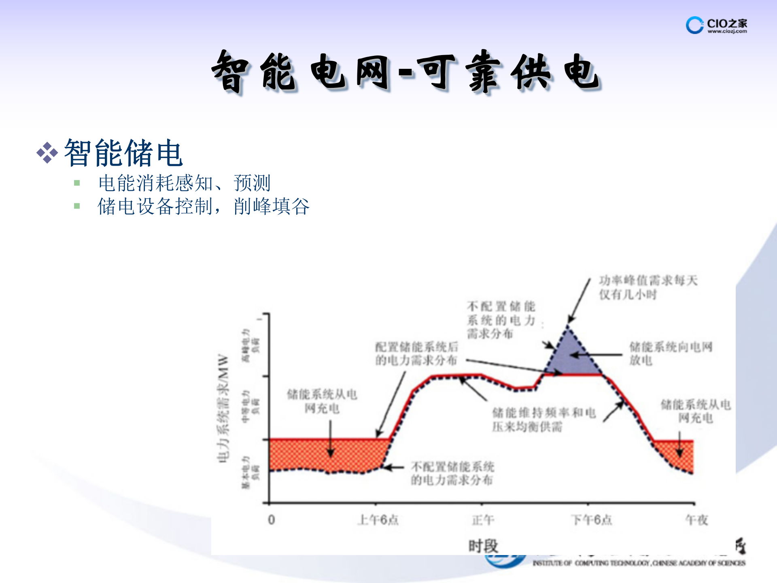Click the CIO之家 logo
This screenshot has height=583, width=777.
pyautogui.click(x=716, y=25)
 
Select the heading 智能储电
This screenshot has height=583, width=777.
pyautogui.click(x=123, y=153)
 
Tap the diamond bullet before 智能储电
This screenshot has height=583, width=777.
pyautogui.click(x=47, y=153)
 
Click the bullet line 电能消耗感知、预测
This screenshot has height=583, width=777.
pyautogui.click(x=184, y=183)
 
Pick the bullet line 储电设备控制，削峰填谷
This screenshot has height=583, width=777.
pyautogui.click(x=204, y=206)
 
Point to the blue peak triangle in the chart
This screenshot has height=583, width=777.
pyautogui.click(x=571, y=356)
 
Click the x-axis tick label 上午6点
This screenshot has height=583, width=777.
pyautogui.click(x=378, y=520)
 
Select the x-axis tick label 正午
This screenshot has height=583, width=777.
pyautogui.click(x=483, y=520)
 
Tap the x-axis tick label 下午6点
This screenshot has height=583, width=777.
pyautogui.click(x=591, y=520)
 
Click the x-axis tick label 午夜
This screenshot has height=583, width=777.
pyautogui.click(x=696, y=520)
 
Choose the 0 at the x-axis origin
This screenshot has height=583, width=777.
pyautogui.click(x=271, y=520)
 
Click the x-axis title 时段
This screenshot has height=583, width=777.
pyautogui.click(x=483, y=546)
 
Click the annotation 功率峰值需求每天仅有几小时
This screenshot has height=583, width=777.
pyautogui.click(x=648, y=287)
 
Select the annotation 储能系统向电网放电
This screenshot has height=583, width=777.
pyautogui.click(x=670, y=353)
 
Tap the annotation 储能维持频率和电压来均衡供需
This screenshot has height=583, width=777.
pyautogui.click(x=543, y=419)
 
